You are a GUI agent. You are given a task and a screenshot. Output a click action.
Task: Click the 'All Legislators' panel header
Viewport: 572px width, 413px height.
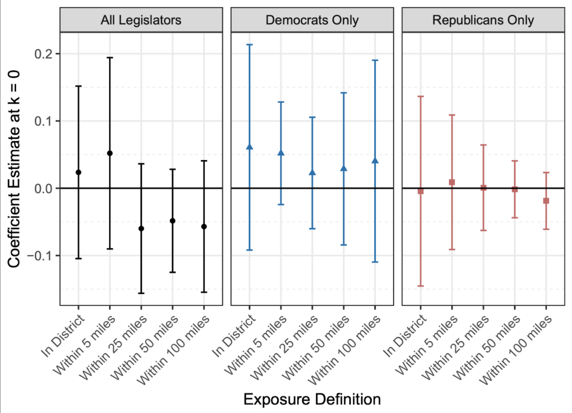(141, 21)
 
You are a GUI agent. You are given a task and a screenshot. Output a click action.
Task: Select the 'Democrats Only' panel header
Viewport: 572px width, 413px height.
(312, 21)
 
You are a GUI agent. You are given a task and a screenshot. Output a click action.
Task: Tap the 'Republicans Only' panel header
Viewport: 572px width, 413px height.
(483, 21)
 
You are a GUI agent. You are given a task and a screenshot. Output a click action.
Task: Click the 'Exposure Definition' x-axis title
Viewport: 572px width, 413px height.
(312, 399)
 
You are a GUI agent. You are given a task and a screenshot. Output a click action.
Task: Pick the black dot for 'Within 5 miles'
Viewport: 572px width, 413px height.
(110, 153)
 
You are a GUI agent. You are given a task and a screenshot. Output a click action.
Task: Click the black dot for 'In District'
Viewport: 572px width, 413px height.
(79, 172)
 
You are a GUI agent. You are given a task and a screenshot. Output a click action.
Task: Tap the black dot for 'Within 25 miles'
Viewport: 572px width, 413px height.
(141, 229)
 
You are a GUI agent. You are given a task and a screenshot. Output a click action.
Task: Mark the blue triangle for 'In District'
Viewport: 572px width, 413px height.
(250, 147)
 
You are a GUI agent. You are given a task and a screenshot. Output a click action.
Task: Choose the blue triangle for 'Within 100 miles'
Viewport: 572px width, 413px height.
(375, 161)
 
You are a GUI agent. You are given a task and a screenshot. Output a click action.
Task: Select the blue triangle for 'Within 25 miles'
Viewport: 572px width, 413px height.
(312, 173)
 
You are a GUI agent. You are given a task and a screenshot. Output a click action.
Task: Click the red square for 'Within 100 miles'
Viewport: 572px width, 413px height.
(546, 200)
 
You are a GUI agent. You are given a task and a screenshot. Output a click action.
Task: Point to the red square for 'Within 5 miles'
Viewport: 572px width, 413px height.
(452, 182)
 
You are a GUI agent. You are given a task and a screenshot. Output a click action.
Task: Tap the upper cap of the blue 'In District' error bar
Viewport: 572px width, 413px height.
(250, 45)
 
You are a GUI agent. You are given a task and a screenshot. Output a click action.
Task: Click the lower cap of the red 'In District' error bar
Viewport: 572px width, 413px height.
(421, 286)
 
